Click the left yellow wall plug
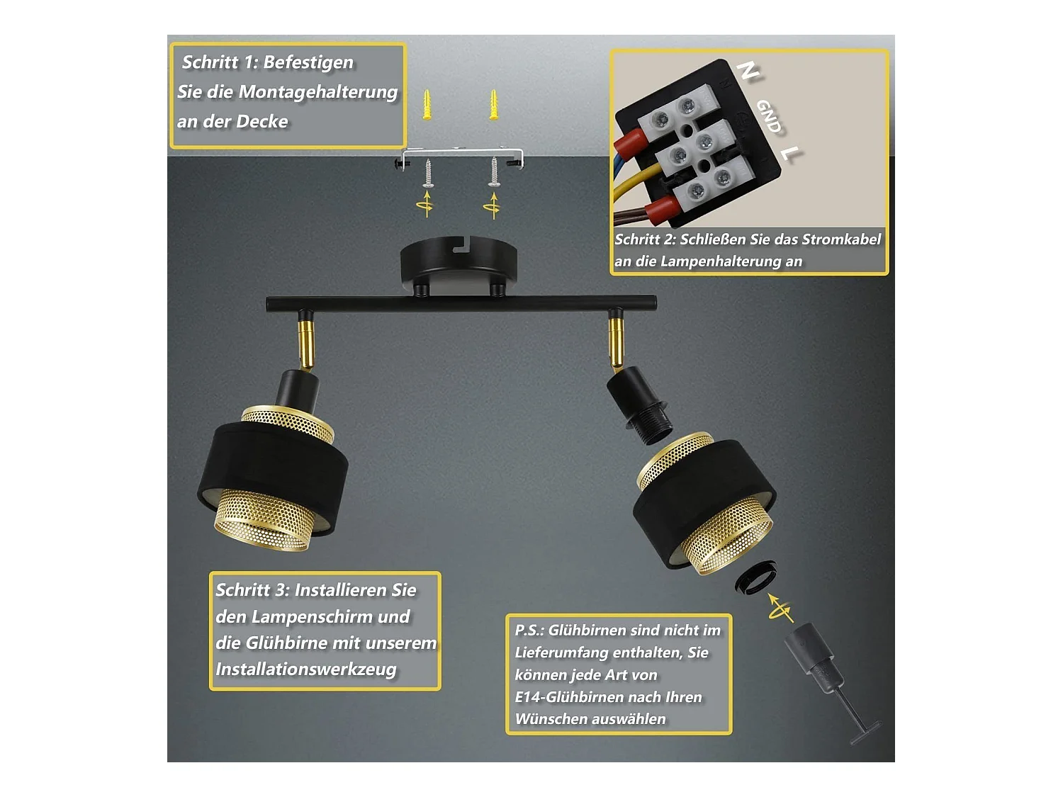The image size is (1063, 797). pyautogui.click(x=427, y=104)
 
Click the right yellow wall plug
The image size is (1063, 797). pyautogui.click(x=493, y=104)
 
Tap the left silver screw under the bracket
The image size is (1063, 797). pyautogui.click(x=427, y=173)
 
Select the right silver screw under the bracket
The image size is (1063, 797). pyautogui.click(x=493, y=171)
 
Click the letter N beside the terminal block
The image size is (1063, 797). pyautogui.click(x=748, y=71)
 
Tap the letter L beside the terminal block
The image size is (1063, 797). pyautogui.click(x=789, y=154)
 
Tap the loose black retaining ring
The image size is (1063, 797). pyautogui.click(x=755, y=577)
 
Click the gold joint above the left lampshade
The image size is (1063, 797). pyautogui.click(x=306, y=341)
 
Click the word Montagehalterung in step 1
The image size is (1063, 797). pyautogui.click(x=317, y=92)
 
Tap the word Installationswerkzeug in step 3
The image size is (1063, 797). pyautogui.click(x=306, y=669)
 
